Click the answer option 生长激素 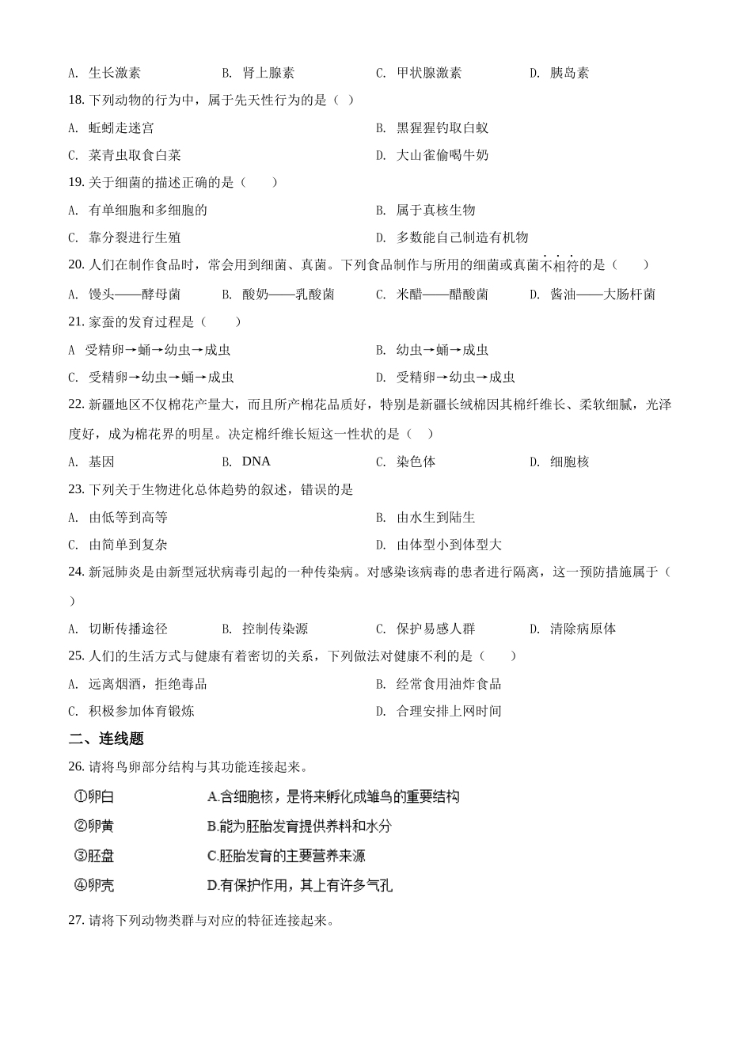pos(115,73)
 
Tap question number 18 pos(76,100)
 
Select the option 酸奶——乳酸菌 pos(288,294)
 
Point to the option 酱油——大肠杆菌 pos(602,294)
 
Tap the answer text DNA pos(256,462)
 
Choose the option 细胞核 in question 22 pos(569,462)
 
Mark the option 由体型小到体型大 pos(449,545)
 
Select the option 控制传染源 pos(275,629)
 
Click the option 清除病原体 pos(583,629)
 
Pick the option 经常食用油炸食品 pos(448,684)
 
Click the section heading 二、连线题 pos(106,739)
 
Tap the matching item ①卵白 pos(94,796)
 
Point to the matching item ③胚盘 pos(94,856)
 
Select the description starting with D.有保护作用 pos(299,885)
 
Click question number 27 pos(76,921)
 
